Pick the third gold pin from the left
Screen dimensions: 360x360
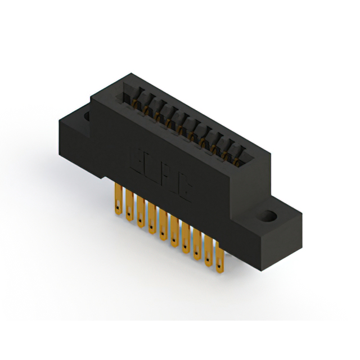click(x=140, y=211)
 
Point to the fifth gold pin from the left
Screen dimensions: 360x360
click(x=163, y=223)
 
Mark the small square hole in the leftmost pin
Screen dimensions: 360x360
click(x=119, y=204)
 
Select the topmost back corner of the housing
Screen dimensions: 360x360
click(x=131, y=73)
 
